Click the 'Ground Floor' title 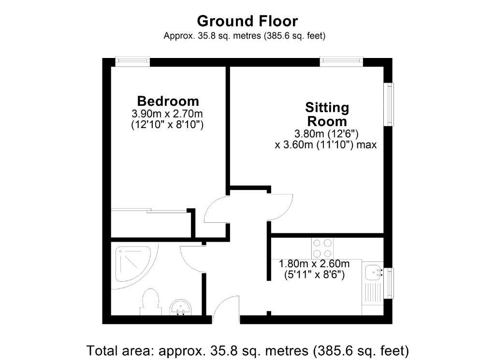tap(247, 21)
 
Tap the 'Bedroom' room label tap(168, 101)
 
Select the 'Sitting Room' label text tap(327, 114)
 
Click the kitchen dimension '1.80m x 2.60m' tap(314, 264)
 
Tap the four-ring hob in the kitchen tap(322, 248)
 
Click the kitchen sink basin tap(372, 273)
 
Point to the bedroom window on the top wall tap(132, 61)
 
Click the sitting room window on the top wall tap(341, 61)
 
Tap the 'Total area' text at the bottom tap(247, 349)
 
